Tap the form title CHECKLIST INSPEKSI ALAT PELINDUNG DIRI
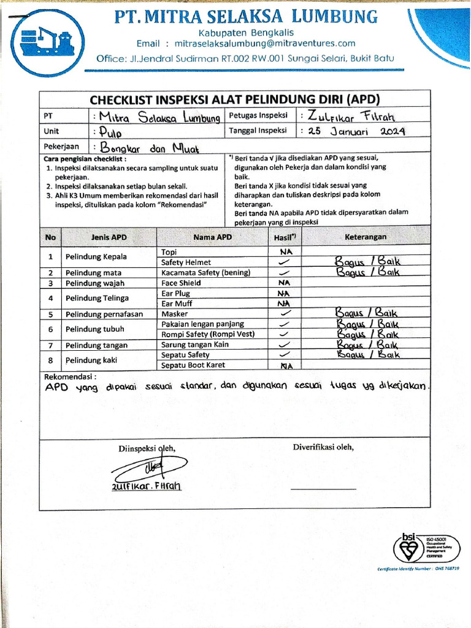(235, 100)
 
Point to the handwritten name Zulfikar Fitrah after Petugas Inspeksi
(353, 116)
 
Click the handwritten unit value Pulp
(107, 132)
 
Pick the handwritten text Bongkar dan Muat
(145, 147)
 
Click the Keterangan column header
(366, 237)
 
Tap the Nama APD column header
(213, 237)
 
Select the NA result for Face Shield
(284, 283)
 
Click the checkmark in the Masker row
(284, 313)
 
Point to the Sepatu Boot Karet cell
(193, 365)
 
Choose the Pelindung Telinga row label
(97, 298)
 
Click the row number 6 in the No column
(52, 329)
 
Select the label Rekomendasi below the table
(70, 377)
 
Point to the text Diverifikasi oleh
(323, 447)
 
